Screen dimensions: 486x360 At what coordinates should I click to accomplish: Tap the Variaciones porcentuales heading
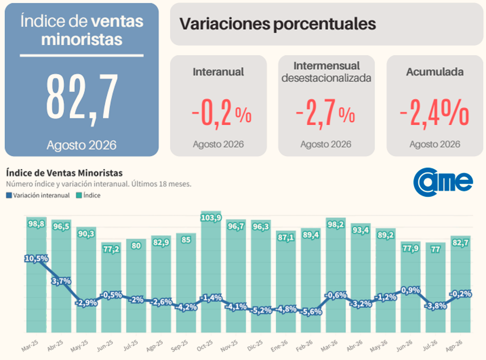(x=278, y=24)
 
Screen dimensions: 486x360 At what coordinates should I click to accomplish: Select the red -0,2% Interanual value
(x=221, y=114)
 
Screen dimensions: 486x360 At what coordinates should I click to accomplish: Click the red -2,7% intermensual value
(x=326, y=114)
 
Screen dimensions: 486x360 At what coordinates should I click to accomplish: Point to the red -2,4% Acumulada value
(x=434, y=114)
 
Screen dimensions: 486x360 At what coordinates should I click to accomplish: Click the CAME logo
(x=443, y=182)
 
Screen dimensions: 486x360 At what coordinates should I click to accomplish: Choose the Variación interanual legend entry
(x=38, y=195)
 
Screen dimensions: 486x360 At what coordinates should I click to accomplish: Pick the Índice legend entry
(x=88, y=195)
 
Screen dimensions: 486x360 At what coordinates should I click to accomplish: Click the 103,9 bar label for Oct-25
(x=211, y=218)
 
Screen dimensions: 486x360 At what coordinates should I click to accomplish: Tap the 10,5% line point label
(x=36, y=258)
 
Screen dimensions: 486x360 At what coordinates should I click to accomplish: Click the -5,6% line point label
(x=311, y=312)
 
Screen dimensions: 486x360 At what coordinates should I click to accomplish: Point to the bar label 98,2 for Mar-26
(x=336, y=225)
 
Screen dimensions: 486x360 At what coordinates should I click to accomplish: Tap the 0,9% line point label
(x=411, y=290)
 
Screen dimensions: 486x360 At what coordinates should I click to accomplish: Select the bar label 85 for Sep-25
(x=186, y=240)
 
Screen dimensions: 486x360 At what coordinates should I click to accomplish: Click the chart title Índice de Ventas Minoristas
(x=64, y=173)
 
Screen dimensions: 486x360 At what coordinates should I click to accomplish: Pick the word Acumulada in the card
(x=435, y=72)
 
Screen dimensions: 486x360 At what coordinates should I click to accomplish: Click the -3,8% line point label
(x=436, y=306)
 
